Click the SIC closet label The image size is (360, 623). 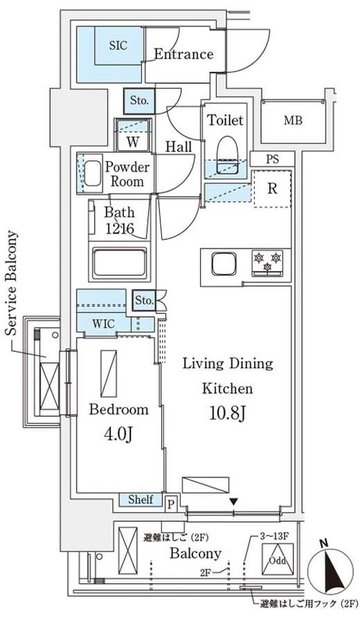point(118,45)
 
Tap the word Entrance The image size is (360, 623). point(184,54)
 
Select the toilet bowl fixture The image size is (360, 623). point(228,155)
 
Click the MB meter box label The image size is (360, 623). point(293,121)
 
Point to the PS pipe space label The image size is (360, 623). point(272,160)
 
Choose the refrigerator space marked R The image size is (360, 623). point(272,188)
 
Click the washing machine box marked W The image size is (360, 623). point(132,135)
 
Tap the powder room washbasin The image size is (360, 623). point(93,173)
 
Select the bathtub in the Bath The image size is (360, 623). point(119,262)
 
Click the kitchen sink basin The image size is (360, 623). point(224,264)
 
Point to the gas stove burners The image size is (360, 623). point(267,262)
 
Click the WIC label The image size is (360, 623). point(104,324)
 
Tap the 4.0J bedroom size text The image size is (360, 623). point(118,435)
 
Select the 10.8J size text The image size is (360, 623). point(228,414)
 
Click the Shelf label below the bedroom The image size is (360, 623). point(141,499)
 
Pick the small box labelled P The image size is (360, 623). point(171,504)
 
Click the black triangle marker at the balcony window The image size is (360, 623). point(234,502)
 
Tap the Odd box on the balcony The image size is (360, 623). point(277,559)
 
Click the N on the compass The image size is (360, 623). point(324,542)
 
